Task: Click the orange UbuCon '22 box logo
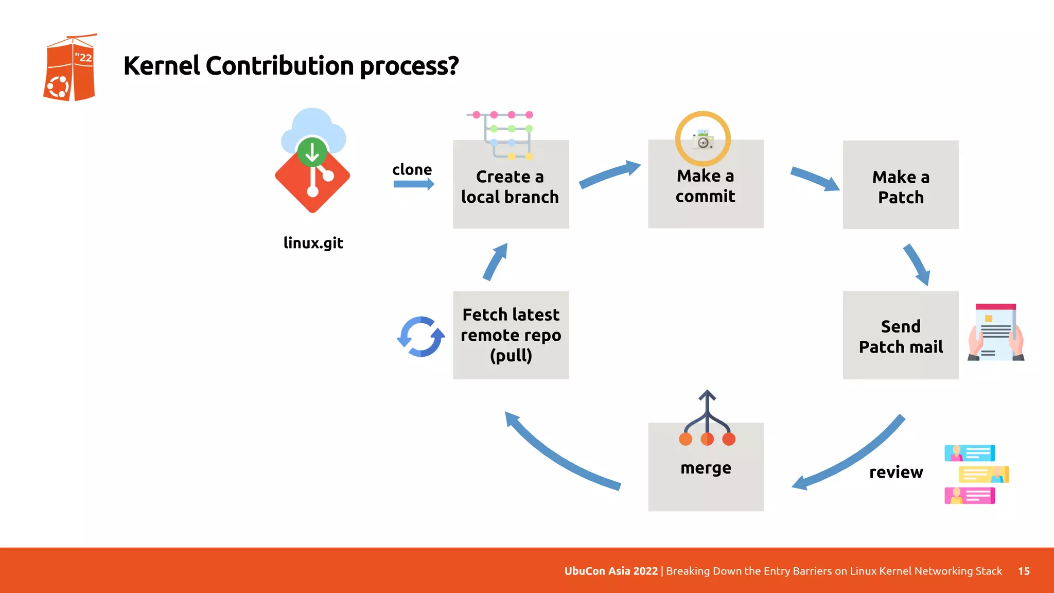click(x=69, y=68)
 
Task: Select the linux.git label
click(x=313, y=242)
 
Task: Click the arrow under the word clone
click(x=413, y=184)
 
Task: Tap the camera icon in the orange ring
click(x=703, y=139)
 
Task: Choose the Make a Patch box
click(x=901, y=185)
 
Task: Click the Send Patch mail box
click(x=901, y=336)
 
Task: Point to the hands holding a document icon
click(x=996, y=333)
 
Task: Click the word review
click(x=896, y=472)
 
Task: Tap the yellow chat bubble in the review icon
click(x=983, y=474)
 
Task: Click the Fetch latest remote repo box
click(x=511, y=335)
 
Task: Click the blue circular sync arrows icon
click(x=421, y=337)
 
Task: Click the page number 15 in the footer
click(x=1024, y=571)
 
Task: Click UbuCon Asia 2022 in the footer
click(x=611, y=571)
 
